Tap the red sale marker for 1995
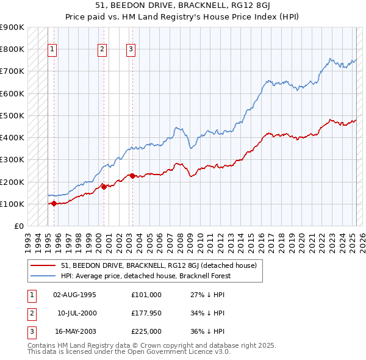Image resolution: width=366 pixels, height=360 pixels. [54, 204]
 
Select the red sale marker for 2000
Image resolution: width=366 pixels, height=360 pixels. [104, 187]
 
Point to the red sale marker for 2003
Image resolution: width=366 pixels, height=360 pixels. [132, 176]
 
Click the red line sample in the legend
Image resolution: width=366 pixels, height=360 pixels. [43, 265]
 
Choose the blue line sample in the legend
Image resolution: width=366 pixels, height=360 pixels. [43, 276]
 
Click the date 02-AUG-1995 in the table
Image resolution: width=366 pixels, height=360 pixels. [75, 295]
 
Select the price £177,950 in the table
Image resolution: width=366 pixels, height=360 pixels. [146, 313]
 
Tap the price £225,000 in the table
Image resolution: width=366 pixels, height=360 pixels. [146, 331]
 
